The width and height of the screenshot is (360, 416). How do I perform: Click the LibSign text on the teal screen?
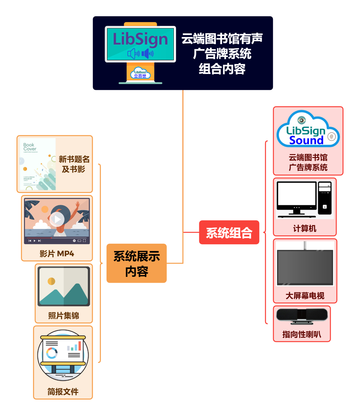(x=140, y=39)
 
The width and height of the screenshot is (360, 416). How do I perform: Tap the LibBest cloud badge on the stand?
(x=140, y=74)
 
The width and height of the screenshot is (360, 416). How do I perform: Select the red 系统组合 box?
(x=229, y=233)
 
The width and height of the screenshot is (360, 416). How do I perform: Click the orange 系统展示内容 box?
(x=136, y=263)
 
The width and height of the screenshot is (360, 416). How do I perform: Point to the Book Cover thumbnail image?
(x=37, y=164)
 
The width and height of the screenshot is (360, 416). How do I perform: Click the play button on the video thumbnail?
(x=57, y=219)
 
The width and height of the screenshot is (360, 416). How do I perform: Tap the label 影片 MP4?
(x=57, y=254)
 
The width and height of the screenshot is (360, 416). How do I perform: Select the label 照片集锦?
(x=64, y=316)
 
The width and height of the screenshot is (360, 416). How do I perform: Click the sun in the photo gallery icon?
(x=51, y=281)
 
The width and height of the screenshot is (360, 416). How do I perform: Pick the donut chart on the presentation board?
(x=52, y=353)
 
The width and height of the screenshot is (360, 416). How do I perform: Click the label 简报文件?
(x=63, y=392)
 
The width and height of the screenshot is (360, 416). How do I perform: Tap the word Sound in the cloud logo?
(x=306, y=140)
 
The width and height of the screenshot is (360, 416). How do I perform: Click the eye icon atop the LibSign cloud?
(x=301, y=120)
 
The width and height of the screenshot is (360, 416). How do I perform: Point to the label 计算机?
(x=305, y=228)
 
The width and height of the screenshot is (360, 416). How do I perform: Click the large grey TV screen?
(x=305, y=267)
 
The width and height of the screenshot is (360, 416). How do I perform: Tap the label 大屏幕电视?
(x=305, y=296)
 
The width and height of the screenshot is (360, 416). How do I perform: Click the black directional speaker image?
(x=302, y=316)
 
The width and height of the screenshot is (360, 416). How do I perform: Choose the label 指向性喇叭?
(x=302, y=334)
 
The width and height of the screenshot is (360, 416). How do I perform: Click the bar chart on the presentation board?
(x=74, y=347)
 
